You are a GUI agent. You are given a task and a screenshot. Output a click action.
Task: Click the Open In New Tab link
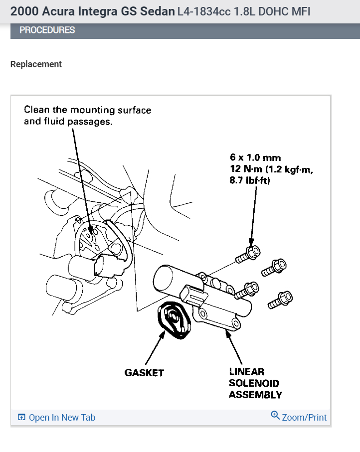pos(61,418)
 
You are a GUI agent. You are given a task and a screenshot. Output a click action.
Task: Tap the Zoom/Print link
pos(304,417)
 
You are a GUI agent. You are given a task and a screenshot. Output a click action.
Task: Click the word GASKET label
pos(144,373)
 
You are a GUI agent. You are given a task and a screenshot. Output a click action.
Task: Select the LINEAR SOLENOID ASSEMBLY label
pos(255,383)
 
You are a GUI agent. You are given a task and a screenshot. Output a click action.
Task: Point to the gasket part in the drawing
pos(172,321)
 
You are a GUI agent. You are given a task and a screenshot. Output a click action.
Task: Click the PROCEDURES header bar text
pos(47,30)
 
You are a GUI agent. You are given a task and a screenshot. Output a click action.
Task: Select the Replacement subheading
pos(36,64)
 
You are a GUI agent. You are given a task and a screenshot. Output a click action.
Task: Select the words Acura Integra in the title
pos(74,11)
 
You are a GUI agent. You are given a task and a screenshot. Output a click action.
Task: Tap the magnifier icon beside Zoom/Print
pos(275,416)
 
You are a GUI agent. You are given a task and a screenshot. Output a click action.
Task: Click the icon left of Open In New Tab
pos(21,418)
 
